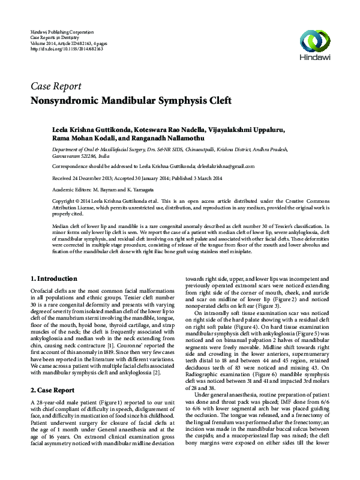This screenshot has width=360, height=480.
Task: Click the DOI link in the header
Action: (67, 49)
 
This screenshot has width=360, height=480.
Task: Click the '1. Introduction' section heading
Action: (53, 279)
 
